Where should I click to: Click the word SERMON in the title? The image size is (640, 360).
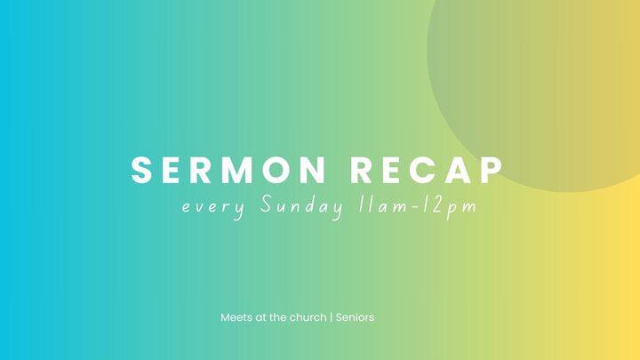230,170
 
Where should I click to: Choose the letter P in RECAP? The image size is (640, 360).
492,170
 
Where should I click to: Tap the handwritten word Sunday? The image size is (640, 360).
302,207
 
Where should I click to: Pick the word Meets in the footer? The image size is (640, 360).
236,316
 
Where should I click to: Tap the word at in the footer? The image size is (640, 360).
260,316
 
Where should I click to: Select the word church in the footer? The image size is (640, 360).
308,316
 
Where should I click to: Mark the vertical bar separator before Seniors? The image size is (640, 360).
331,316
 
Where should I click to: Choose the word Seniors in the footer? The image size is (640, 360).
355,316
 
